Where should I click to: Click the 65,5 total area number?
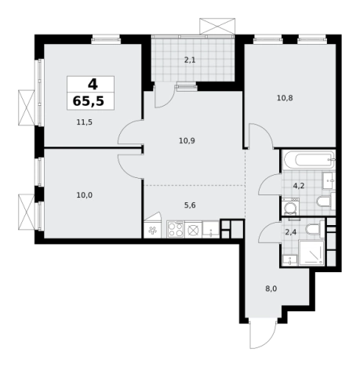pos(89,101)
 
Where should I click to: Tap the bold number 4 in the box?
pos(93,84)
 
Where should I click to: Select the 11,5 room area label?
pos(85,122)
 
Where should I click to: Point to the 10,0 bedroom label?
pos(85,195)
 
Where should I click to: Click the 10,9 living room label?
pos(187,141)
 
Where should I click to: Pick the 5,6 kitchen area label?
pos(190,205)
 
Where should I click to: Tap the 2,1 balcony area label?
pos(190,60)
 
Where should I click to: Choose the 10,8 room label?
pos(285,98)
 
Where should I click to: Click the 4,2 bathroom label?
pos(299,186)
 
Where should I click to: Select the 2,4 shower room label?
pos(290,232)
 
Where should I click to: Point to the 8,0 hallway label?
pos(271,289)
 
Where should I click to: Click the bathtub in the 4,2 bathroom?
pos(308,160)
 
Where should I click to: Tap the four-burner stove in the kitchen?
pos(176,229)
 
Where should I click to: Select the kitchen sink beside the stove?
pos(211,229)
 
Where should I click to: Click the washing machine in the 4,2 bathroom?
pos(291,207)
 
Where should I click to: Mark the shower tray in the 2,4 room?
pos(311,253)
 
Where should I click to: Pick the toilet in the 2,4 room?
pos(315,228)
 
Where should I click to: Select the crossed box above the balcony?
pos(217,26)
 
